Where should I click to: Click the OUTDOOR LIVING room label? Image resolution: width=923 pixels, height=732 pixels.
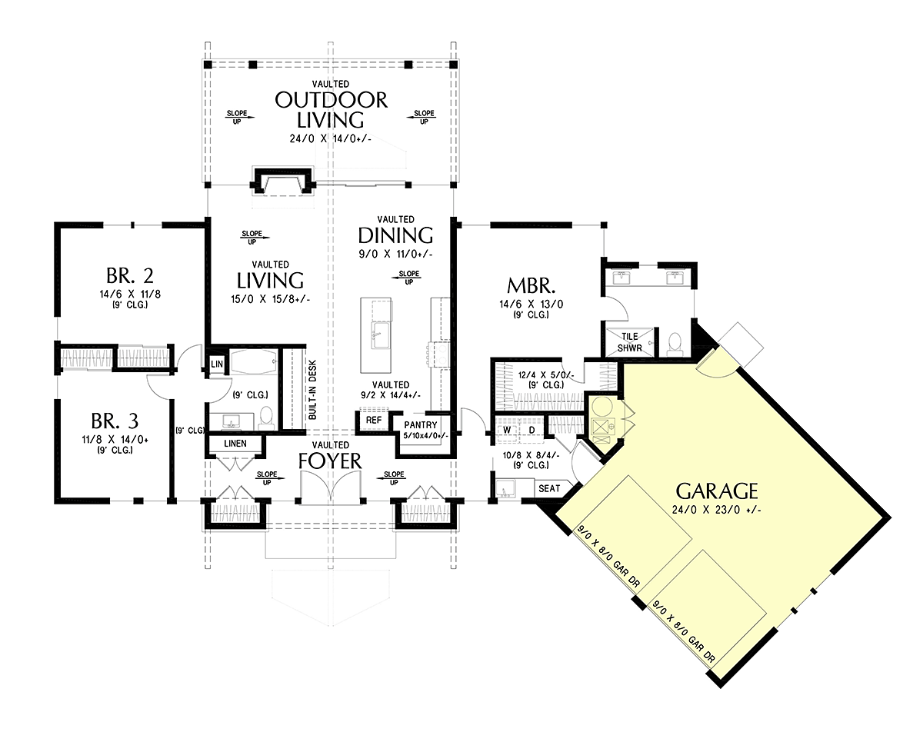(x=331, y=110)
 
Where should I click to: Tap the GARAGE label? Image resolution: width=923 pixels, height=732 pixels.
(x=717, y=491)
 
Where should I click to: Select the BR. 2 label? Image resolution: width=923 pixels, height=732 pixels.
(x=130, y=276)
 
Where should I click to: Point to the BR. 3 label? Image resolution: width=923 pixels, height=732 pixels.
(x=115, y=421)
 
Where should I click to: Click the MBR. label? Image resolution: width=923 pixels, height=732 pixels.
(x=531, y=285)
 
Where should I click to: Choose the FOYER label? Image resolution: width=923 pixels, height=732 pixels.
(x=330, y=461)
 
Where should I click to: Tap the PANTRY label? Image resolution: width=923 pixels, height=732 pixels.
(x=420, y=425)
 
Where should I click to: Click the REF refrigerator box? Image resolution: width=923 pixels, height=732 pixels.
(x=373, y=421)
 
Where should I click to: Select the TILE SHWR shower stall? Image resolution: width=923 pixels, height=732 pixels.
(x=630, y=342)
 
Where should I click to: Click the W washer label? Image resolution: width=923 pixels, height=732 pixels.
(x=507, y=430)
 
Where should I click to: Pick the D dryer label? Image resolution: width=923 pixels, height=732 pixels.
(x=531, y=430)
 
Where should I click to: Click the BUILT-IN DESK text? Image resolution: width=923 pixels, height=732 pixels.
(x=312, y=391)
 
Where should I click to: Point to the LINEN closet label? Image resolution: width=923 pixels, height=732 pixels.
(x=235, y=444)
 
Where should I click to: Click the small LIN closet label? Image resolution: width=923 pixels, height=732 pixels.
(x=217, y=364)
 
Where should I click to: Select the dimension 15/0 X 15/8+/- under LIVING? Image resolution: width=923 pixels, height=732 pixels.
(x=270, y=299)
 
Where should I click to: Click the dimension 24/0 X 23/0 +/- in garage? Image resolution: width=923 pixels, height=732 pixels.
(x=717, y=510)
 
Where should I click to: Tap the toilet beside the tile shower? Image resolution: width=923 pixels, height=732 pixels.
(x=675, y=344)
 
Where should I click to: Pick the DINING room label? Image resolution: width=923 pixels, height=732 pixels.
(x=395, y=235)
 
